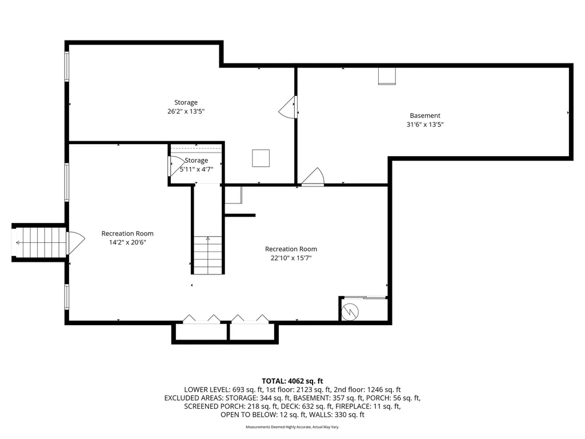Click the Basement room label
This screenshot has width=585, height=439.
[x=424, y=115]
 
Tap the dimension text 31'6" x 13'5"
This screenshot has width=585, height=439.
[x=424, y=124]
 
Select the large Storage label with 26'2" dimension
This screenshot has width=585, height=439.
[x=186, y=103]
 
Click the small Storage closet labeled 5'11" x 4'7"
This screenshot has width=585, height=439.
[x=196, y=165]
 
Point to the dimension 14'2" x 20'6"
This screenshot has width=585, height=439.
[x=127, y=242]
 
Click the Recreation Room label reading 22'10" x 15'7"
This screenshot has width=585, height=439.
[x=291, y=253]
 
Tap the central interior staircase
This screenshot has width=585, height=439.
[x=207, y=255]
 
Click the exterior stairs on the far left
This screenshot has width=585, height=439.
[x=39, y=242]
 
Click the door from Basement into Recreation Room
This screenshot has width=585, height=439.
[x=313, y=178]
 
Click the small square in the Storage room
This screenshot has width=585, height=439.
[x=261, y=158]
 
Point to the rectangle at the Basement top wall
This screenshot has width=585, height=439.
[x=387, y=76]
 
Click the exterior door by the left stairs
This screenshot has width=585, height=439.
[x=75, y=242]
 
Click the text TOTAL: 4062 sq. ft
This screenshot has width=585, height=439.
[x=292, y=381]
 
